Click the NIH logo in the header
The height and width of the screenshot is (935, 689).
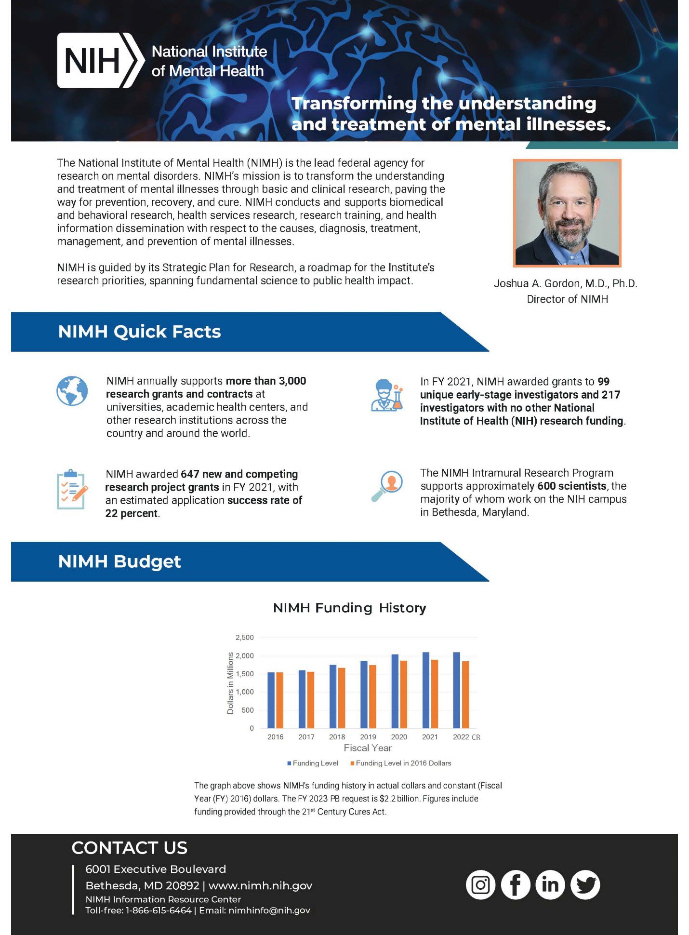(x=100, y=61)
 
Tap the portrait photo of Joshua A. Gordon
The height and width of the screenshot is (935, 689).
(x=567, y=213)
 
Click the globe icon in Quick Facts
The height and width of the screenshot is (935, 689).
(x=72, y=391)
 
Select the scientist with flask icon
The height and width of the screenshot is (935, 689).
(x=387, y=395)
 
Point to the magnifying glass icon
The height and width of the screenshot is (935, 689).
(x=387, y=486)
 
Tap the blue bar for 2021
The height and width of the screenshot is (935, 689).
(x=426, y=690)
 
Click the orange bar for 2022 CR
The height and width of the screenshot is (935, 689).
(x=465, y=695)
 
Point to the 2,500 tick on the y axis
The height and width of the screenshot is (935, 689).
(x=244, y=638)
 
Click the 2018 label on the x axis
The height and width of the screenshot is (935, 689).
(x=337, y=737)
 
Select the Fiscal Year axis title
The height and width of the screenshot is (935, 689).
(x=368, y=748)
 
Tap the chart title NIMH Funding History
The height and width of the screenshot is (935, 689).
(x=349, y=608)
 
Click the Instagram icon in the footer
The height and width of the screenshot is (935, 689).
(x=480, y=885)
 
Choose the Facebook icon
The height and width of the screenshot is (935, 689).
(x=516, y=885)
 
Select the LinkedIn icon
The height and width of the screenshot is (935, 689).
(x=550, y=885)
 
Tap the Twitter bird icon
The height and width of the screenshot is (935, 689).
(x=585, y=885)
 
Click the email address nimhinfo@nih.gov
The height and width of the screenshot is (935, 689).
(x=269, y=910)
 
